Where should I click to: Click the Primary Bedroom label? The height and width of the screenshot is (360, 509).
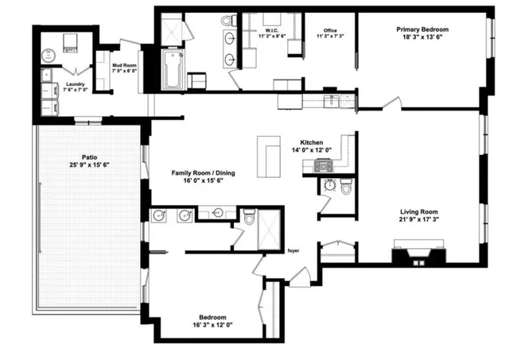coord(422,29)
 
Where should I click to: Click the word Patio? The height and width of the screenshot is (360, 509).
coord(78,157)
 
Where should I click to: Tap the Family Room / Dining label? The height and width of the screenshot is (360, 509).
coord(204,172)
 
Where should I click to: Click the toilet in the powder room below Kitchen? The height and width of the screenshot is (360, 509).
coord(345,188)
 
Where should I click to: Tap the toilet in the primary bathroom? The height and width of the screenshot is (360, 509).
coord(227,20)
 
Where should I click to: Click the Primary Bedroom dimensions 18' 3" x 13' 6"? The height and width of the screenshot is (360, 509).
coord(422,38)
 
